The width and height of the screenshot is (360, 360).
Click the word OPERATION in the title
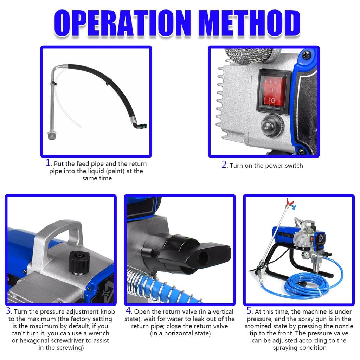[122, 24]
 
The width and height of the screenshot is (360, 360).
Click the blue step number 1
[49, 163]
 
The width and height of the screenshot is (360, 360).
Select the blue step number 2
[224, 165]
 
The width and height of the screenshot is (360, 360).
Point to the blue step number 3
[8, 311]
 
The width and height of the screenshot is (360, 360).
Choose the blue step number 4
[129, 311]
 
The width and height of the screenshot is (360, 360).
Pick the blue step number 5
[249, 311]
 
